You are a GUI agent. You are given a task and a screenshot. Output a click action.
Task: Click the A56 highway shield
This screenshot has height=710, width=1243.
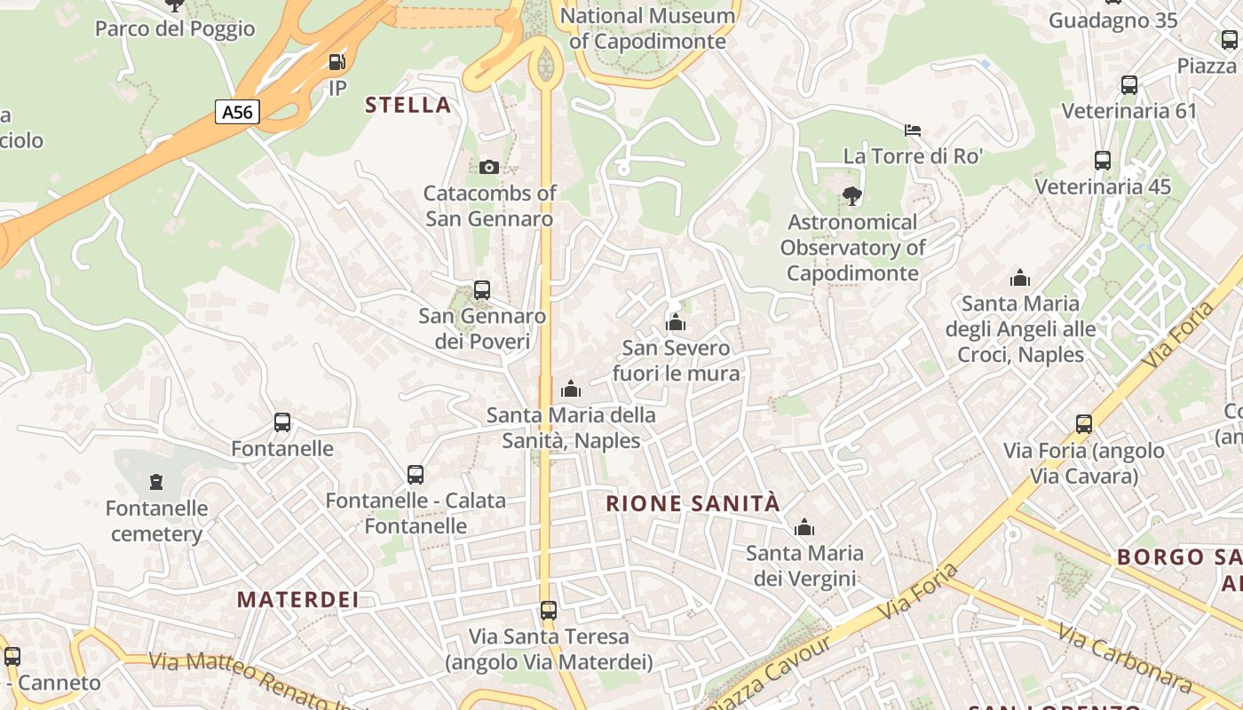pos(237,112)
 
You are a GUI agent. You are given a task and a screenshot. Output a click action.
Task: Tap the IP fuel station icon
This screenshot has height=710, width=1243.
pos(336,62)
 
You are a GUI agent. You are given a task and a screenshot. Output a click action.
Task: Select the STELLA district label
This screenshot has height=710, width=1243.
pos(408,105)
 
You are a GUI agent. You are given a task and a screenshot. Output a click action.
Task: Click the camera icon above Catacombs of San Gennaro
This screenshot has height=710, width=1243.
pos(488,167)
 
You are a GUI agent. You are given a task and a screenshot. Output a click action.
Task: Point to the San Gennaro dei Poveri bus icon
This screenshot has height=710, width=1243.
pos(482,290)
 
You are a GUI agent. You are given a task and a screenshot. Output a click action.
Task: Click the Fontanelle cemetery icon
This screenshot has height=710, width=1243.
pos(157,482)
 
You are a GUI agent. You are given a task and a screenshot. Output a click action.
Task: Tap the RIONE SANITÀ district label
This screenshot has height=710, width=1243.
pos(693,504)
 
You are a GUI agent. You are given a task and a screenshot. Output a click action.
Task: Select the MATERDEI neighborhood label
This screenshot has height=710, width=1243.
pos(298,599)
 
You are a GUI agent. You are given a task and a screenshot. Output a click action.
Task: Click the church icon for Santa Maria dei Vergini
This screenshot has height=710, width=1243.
pos(804,528)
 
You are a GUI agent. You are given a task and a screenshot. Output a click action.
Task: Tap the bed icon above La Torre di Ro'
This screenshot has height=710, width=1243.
pos(913,130)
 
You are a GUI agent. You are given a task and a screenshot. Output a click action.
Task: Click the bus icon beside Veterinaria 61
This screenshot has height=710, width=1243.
pos(1129,85)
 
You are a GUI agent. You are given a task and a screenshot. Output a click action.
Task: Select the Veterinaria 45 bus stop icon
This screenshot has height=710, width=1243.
pos(1103,161)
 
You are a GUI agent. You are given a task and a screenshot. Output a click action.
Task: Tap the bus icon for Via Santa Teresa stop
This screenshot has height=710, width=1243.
pos(549,611)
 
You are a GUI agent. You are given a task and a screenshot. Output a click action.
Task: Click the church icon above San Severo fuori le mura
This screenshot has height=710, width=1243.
pos(676,322)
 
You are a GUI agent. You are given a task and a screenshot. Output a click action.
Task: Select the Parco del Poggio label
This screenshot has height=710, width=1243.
pos(175,28)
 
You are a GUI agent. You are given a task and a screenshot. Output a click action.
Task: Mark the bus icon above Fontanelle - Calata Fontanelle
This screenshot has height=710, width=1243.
pos(416,475)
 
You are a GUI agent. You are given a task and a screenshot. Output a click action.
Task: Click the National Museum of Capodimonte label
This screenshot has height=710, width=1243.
pos(648,28)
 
